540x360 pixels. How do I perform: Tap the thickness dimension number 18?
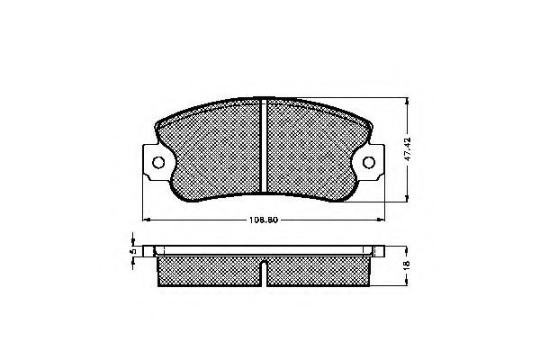click(406, 267)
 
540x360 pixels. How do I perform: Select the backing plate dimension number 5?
click(131, 256)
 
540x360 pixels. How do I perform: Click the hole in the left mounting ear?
click(159, 163)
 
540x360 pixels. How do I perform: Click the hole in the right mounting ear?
click(369, 163)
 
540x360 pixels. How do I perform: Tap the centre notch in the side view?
click(264, 266)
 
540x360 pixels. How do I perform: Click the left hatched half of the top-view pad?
click(216, 148)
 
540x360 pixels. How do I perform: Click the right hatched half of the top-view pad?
click(311, 148)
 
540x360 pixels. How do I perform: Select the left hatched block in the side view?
click(209, 272)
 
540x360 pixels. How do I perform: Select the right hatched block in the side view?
click(319, 272)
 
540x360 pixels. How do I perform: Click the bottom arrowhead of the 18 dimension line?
click(407, 287)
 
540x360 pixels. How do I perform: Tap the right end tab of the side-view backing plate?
click(375, 251)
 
